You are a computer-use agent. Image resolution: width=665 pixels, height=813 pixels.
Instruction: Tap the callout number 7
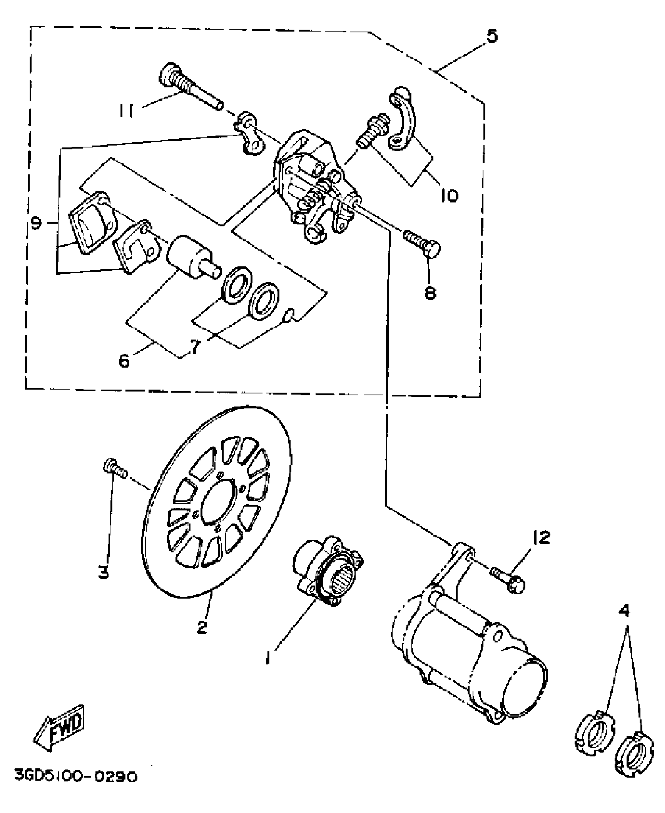[196, 346]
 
